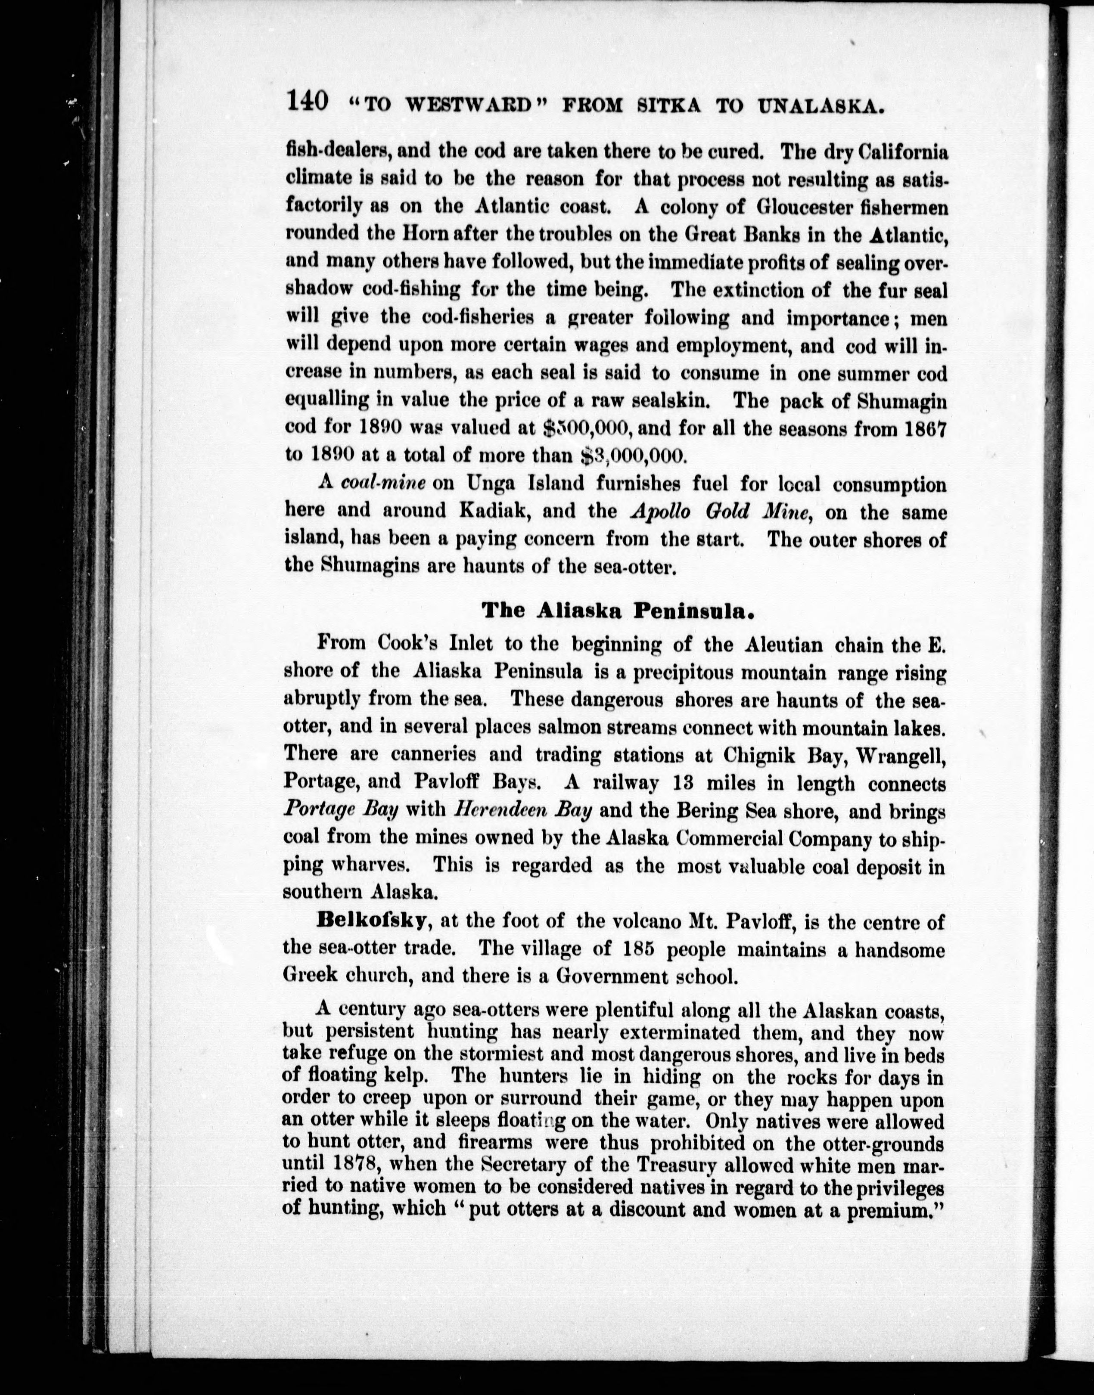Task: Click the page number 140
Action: [x=308, y=102]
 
